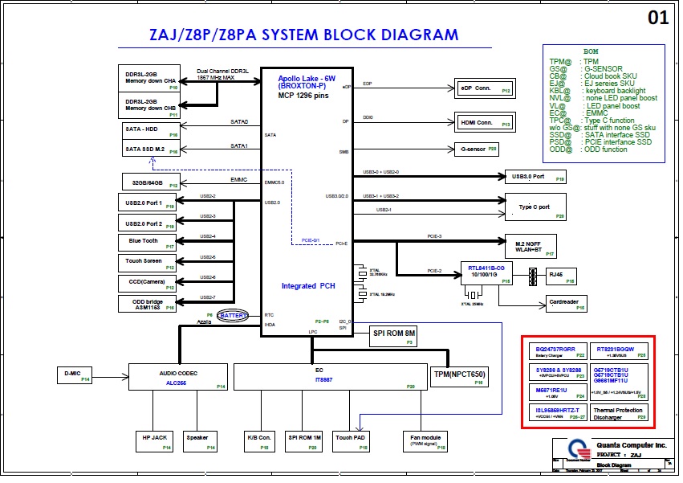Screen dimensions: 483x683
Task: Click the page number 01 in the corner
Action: [x=658, y=18]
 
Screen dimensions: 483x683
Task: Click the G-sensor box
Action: [x=478, y=149]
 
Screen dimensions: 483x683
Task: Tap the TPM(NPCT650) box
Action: [x=460, y=375]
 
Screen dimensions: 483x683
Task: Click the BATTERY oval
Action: [x=234, y=315]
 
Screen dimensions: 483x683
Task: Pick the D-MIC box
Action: [x=75, y=375]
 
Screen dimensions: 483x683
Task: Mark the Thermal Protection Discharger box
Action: [x=619, y=413]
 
